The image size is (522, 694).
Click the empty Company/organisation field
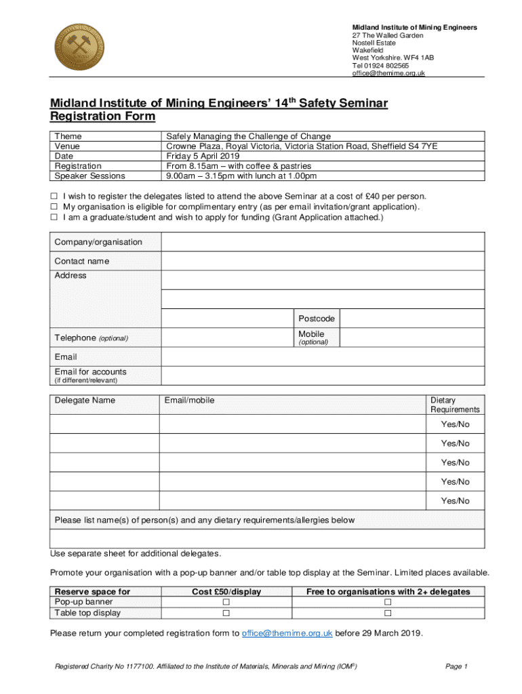[323, 242]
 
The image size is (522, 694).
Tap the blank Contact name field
[323, 261]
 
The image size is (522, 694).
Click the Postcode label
[317, 319]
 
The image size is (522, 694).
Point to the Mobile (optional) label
[313, 338]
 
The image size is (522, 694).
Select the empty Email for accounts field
[323, 375]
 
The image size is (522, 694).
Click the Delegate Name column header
[85, 401]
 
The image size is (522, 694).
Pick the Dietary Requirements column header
[454, 405]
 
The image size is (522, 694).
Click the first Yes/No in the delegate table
[455, 425]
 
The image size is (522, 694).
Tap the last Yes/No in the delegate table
[455, 501]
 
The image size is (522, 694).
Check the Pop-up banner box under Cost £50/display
[226, 603]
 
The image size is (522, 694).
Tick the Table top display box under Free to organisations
[388, 613]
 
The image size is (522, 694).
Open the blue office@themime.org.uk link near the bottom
[287, 634]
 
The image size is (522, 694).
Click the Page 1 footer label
[456, 666]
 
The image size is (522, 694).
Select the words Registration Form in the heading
[103, 117]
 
